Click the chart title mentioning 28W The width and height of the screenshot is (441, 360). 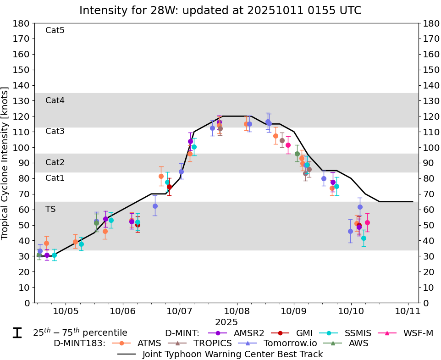(x=220, y=10)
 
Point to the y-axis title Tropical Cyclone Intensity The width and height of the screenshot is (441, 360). (x=5, y=163)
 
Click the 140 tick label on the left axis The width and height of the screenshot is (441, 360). (x=22, y=85)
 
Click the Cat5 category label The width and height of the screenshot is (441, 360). (x=55, y=31)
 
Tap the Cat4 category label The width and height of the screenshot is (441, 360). (x=55, y=100)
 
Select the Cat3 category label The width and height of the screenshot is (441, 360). (x=55, y=132)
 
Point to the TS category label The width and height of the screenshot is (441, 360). (x=50, y=209)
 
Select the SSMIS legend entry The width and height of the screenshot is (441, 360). (x=353, y=333)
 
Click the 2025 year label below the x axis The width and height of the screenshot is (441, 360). (x=226, y=322)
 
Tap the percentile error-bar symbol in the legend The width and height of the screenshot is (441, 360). (x=17, y=333)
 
